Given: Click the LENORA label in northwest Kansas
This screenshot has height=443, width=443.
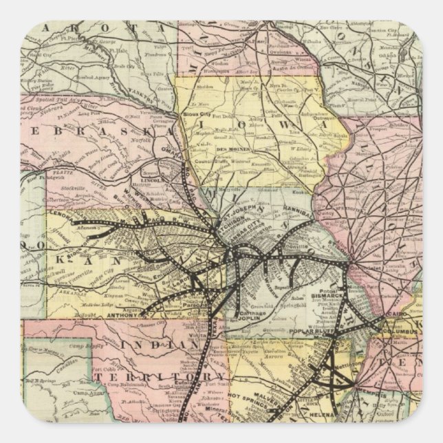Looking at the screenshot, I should coord(64,213).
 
